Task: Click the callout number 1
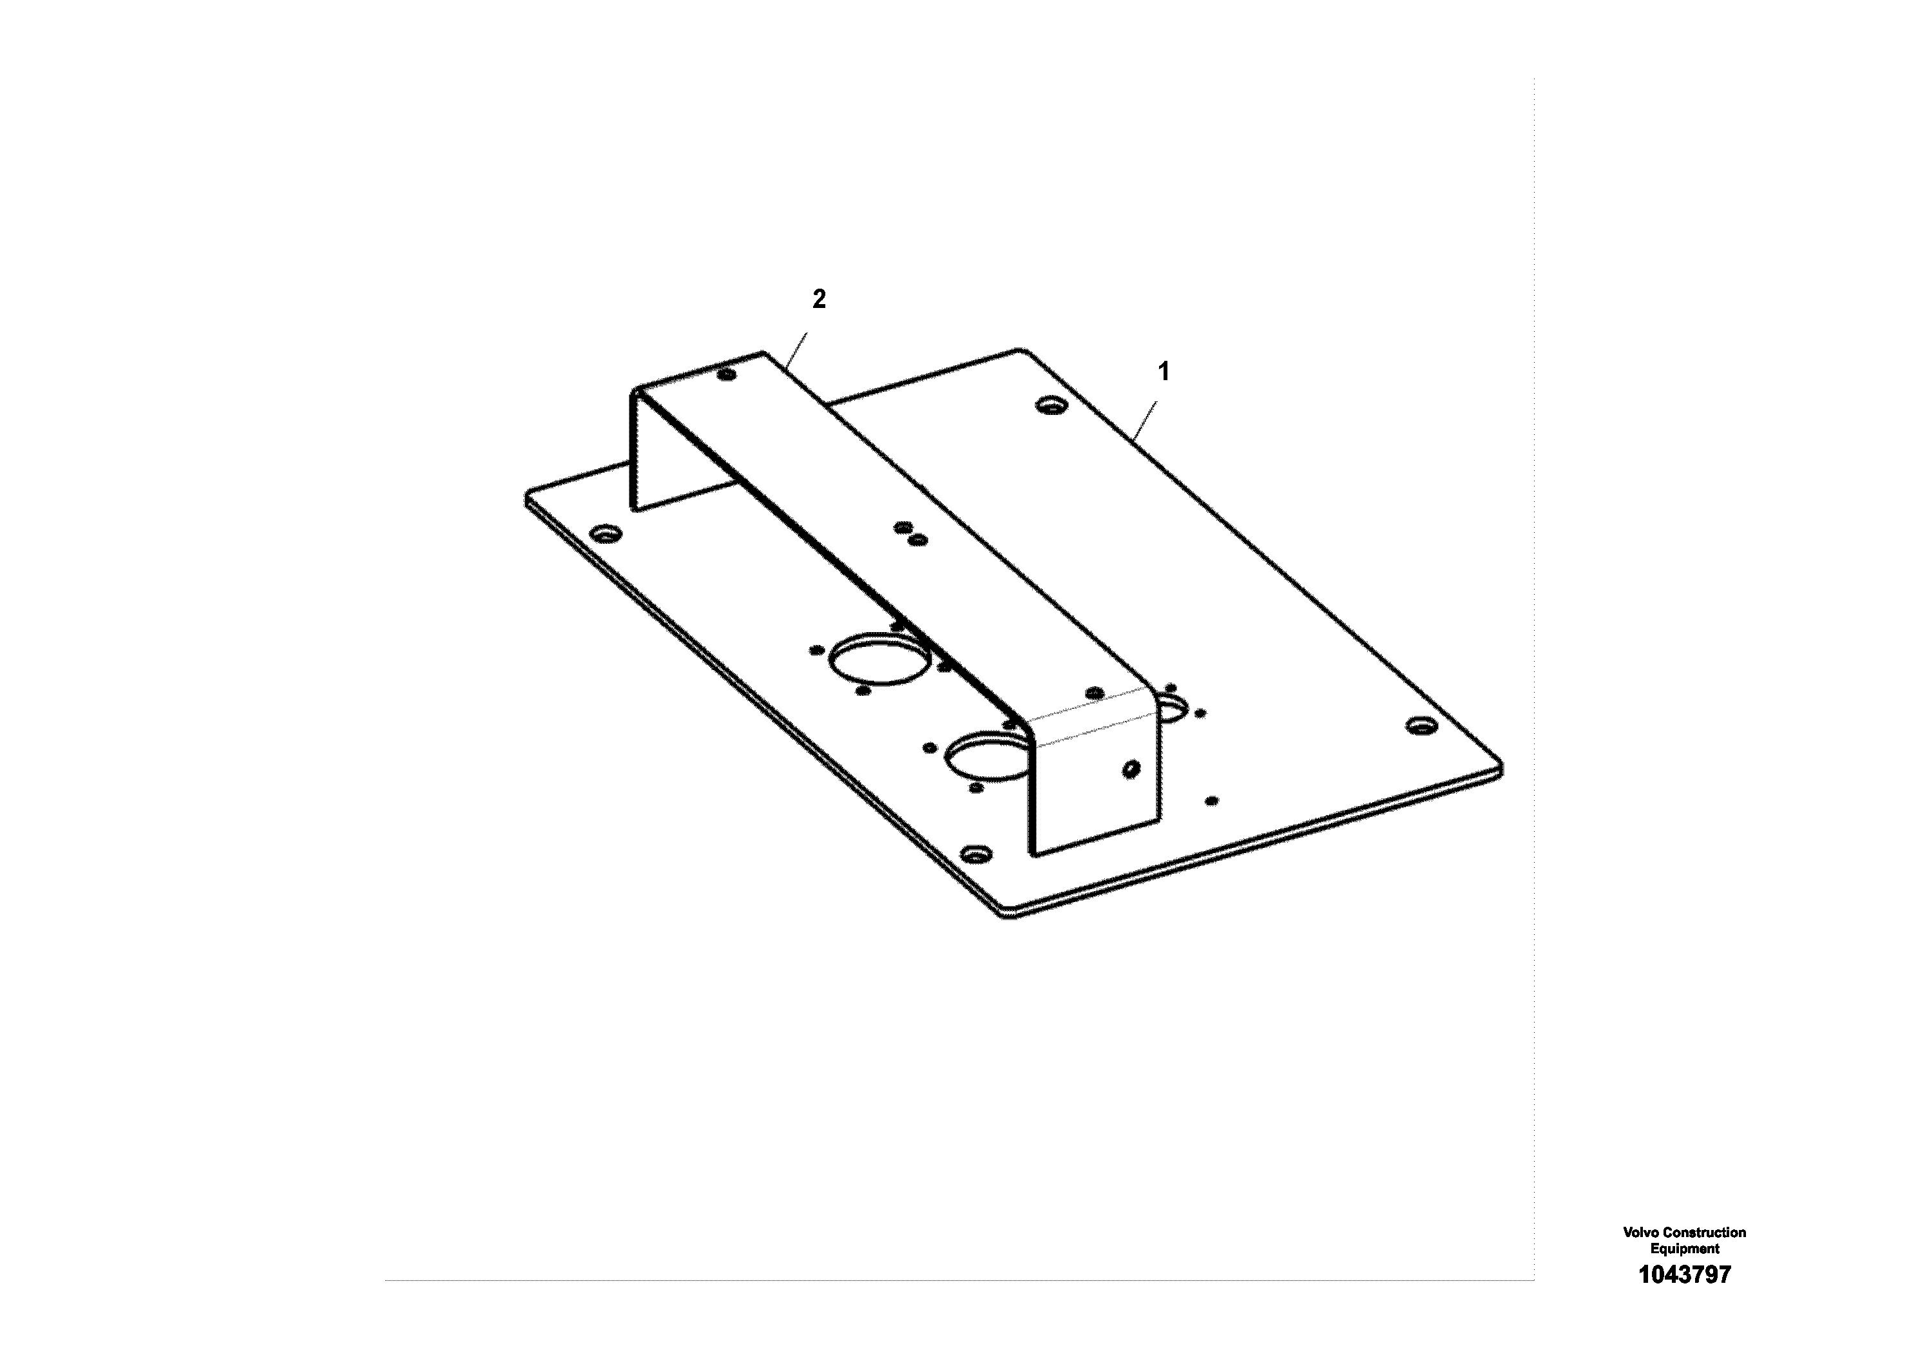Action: coord(1163,372)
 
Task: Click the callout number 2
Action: coord(819,299)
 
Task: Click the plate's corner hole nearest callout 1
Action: coord(1051,406)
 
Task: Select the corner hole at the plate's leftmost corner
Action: coord(605,532)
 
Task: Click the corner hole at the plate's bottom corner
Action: coord(975,854)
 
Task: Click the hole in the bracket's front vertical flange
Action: coord(1132,768)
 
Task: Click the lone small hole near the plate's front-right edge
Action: coord(1212,800)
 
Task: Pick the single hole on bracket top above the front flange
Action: coord(1095,693)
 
